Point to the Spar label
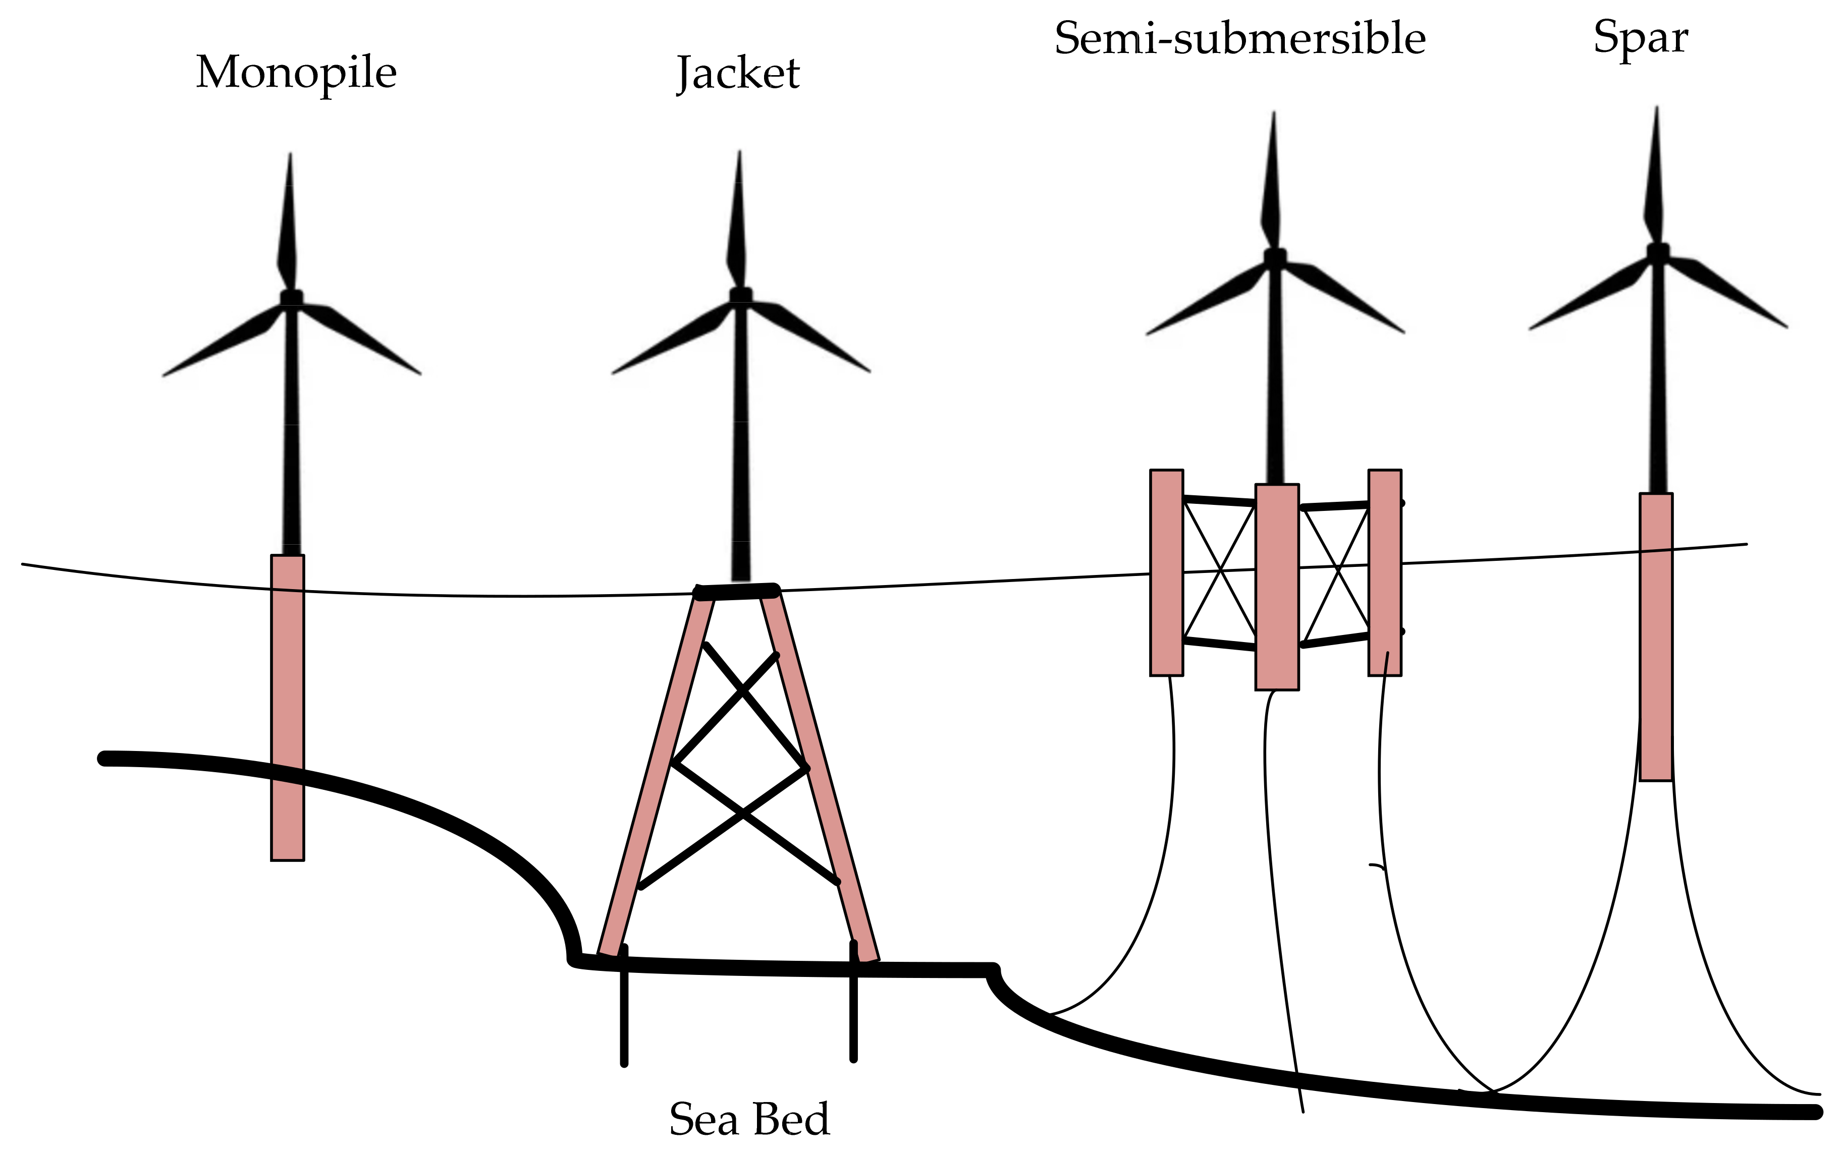tap(1640, 38)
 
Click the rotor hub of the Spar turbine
tap(1658, 252)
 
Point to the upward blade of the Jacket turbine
tap(737, 222)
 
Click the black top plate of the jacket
tap(736, 591)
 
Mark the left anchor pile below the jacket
tap(624, 1009)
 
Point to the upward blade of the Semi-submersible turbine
tap(1272, 184)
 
